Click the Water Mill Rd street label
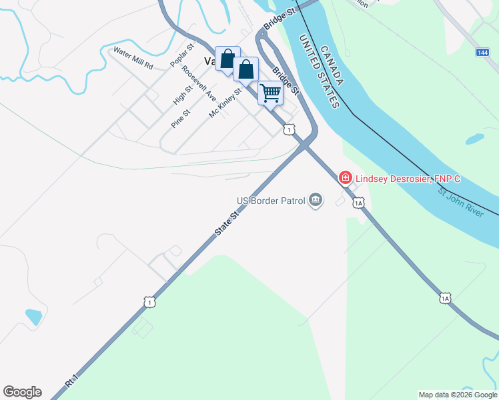click(x=133, y=58)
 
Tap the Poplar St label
click(x=181, y=55)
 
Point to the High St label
click(x=183, y=94)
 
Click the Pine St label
click(x=181, y=118)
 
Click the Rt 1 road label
click(x=72, y=381)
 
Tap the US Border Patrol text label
click(x=271, y=201)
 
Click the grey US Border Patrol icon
click(x=315, y=200)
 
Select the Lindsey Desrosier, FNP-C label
click(x=408, y=178)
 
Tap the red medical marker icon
click(x=346, y=178)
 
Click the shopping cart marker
click(x=270, y=93)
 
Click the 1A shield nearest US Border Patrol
click(x=358, y=203)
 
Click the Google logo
click(x=22, y=392)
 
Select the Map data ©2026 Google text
click(x=458, y=395)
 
